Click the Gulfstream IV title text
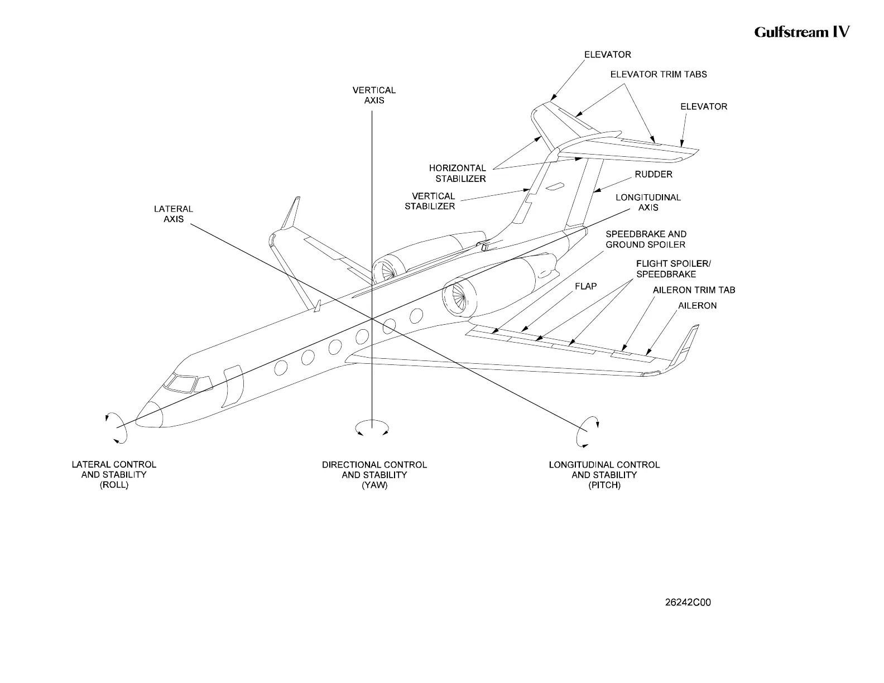pyautogui.click(x=801, y=32)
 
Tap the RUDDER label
pyautogui.click(x=654, y=175)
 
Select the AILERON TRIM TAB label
pyautogui.click(x=694, y=290)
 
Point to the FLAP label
pyautogui.click(x=586, y=286)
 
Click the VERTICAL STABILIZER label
pyautogui.click(x=430, y=201)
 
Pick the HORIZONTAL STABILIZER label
pyautogui.click(x=457, y=174)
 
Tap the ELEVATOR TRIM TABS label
pyautogui.click(x=659, y=74)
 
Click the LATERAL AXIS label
pyautogui.click(x=174, y=214)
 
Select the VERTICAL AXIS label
pyautogui.click(x=374, y=95)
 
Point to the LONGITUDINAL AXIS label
pyautogui.click(x=648, y=203)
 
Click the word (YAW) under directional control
pyautogui.click(x=374, y=485)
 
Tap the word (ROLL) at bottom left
pyautogui.click(x=114, y=485)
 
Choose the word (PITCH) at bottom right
pyautogui.click(x=604, y=485)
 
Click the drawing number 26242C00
pyautogui.click(x=688, y=603)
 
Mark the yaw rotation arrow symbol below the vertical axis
pyautogui.click(x=372, y=427)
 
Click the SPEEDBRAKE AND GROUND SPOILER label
pyautogui.click(x=646, y=239)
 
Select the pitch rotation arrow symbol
pyautogui.click(x=587, y=431)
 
